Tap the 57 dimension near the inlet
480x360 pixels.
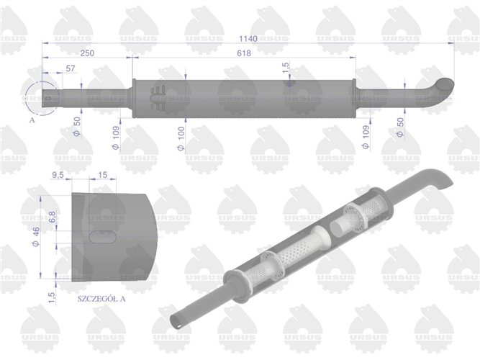[x=70, y=70]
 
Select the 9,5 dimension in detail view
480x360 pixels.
[x=60, y=175]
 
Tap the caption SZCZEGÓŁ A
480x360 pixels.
[x=103, y=297]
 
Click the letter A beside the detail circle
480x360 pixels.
[x=32, y=121]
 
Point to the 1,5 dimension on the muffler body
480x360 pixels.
[x=286, y=69]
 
